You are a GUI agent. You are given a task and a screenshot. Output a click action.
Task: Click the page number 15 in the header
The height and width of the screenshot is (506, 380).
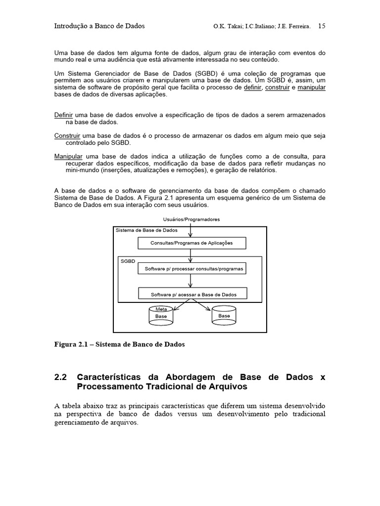[321, 26]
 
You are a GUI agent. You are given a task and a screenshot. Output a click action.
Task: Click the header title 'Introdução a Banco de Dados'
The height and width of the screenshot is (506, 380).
[99, 26]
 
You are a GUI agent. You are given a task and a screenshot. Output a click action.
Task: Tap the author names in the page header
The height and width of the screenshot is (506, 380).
[262, 27]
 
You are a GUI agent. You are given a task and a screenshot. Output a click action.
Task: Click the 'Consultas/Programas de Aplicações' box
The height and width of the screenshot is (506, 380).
[191, 243]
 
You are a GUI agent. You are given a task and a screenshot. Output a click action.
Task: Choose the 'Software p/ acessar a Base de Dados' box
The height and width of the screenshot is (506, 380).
[193, 295]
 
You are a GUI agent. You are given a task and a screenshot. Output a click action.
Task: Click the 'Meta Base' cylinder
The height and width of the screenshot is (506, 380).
[161, 315]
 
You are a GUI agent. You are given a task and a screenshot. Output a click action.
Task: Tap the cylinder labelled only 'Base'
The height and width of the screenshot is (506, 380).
[224, 315]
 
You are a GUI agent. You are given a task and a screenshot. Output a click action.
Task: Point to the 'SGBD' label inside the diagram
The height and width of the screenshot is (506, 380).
[128, 261]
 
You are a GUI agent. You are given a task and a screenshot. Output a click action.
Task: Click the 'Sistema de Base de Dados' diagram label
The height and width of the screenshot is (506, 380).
[146, 231]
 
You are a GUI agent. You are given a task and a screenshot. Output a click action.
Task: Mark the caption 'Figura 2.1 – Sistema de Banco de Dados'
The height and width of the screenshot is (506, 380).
[119, 344]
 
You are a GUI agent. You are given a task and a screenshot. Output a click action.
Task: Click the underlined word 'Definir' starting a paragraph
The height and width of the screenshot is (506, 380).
[63, 115]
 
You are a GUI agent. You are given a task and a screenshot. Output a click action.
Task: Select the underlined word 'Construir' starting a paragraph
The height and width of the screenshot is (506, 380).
[67, 135]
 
